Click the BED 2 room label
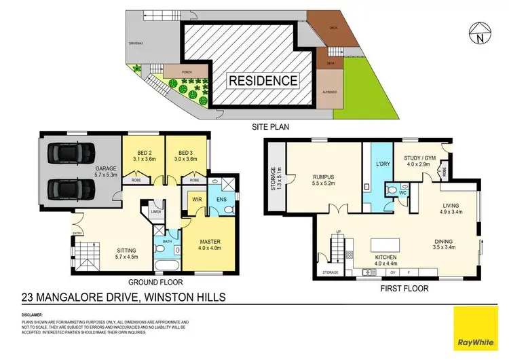[x=142, y=155]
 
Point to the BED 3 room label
[x=187, y=155]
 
